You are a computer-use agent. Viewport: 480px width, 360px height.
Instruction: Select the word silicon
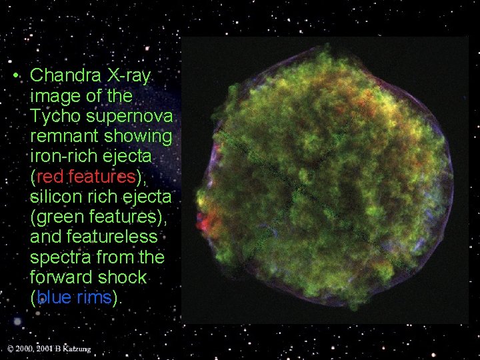point(56,197)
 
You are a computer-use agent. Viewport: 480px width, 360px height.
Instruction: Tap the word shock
point(125,277)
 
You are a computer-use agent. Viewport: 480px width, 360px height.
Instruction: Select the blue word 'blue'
point(53,297)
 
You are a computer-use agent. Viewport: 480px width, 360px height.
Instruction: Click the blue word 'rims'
point(93,297)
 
